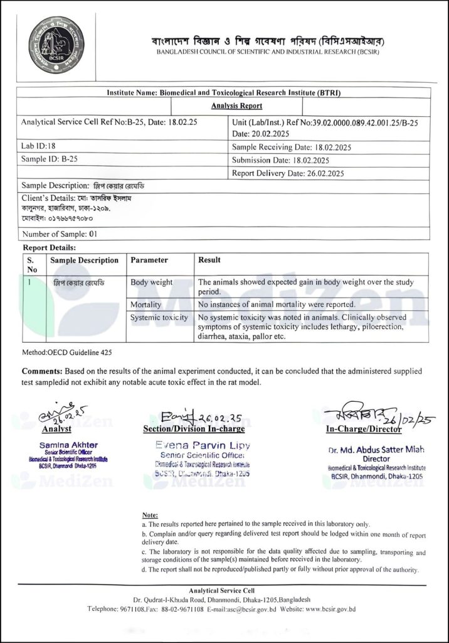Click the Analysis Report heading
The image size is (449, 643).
(x=236, y=106)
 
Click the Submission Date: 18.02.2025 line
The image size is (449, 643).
(x=280, y=160)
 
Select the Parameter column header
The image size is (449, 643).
(x=149, y=260)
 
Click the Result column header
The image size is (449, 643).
(x=209, y=260)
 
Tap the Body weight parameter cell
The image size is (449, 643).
(x=152, y=283)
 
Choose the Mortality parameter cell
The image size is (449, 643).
(x=147, y=305)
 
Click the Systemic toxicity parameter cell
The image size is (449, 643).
(x=159, y=318)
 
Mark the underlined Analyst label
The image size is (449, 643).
(x=56, y=430)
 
